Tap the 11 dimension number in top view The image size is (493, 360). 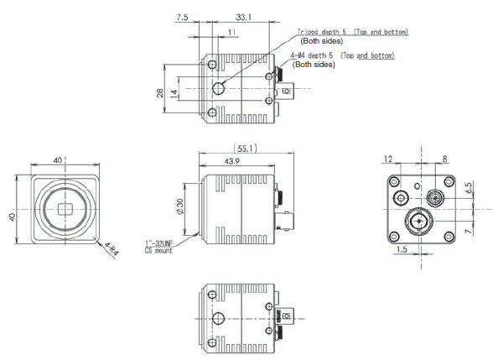point(231,32)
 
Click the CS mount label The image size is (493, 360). point(158,250)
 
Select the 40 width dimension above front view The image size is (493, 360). point(58,159)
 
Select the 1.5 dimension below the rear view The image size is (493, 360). point(404,250)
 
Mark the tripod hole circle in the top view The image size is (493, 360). point(220,89)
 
